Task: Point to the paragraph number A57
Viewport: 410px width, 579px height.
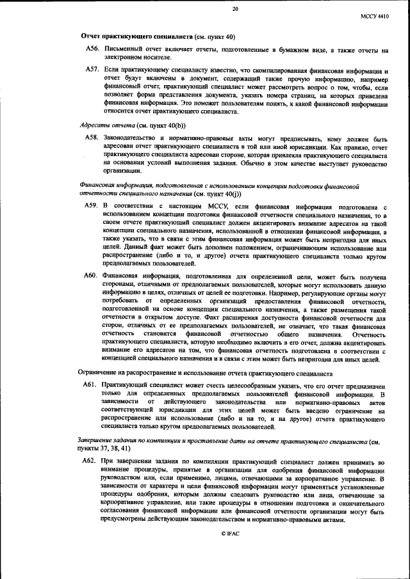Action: (92, 68)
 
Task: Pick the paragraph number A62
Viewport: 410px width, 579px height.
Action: (92, 461)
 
